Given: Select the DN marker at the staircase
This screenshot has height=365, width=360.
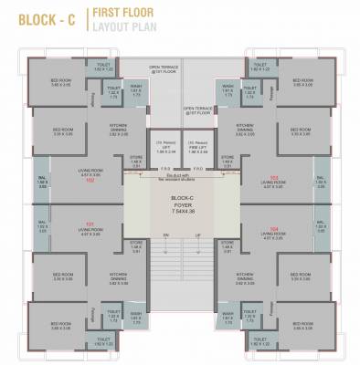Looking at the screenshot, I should (x=166, y=235).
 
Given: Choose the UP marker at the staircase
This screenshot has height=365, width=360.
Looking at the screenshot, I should (x=194, y=235).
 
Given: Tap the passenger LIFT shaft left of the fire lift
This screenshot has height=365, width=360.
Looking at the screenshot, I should (x=164, y=147).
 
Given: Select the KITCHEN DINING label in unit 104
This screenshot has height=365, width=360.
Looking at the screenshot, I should (x=244, y=276).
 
